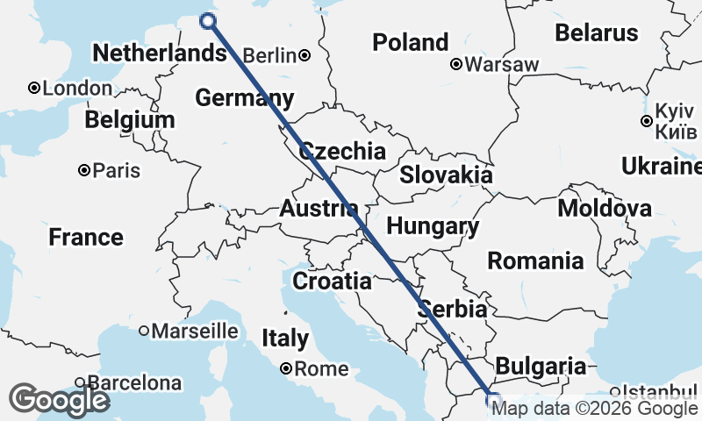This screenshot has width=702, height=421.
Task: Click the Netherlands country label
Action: pos(159,54)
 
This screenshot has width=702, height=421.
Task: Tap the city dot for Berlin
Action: pos(304,55)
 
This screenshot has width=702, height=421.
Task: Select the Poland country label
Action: pos(410,42)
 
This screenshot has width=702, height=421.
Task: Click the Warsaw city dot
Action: pos(456,64)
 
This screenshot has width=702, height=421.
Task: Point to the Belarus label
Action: pos(596,33)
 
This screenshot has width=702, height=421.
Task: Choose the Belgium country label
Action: pos(130,119)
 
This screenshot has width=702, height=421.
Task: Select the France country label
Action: pos(86,237)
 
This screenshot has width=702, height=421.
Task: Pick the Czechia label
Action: pos(342,151)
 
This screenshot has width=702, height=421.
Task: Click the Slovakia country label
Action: pos(446,175)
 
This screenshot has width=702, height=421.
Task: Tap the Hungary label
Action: pos(433,226)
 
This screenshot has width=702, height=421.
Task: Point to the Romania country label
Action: pos(535,260)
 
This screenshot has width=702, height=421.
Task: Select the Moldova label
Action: pos(605,209)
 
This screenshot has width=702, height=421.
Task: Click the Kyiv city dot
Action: pos(647,121)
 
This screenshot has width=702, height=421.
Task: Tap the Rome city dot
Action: pos(286,369)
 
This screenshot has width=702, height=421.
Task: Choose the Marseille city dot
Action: pos(144,331)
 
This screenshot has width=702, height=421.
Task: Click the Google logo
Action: pos(59,400)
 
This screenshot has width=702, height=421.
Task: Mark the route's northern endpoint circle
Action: pos(208,21)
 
